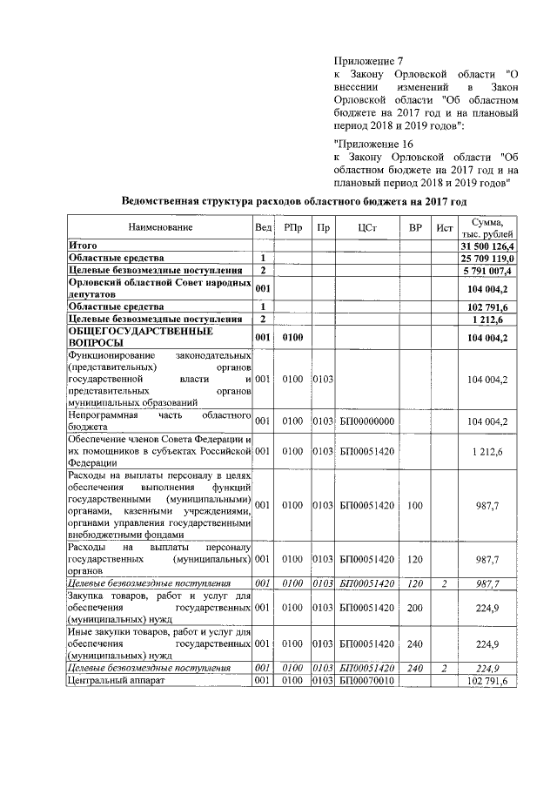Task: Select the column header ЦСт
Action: pyautogui.click(x=367, y=227)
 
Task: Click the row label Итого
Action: pyautogui.click(x=84, y=246)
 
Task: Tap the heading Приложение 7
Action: pyautogui.click(x=369, y=61)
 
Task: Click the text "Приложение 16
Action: pyautogui.click(x=373, y=144)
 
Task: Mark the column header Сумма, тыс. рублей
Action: pyautogui.click(x=488, y=227)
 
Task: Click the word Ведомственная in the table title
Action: pyautogui.click(x=168, y=201)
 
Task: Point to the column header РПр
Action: pyautogui.click(x=293, y=227)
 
